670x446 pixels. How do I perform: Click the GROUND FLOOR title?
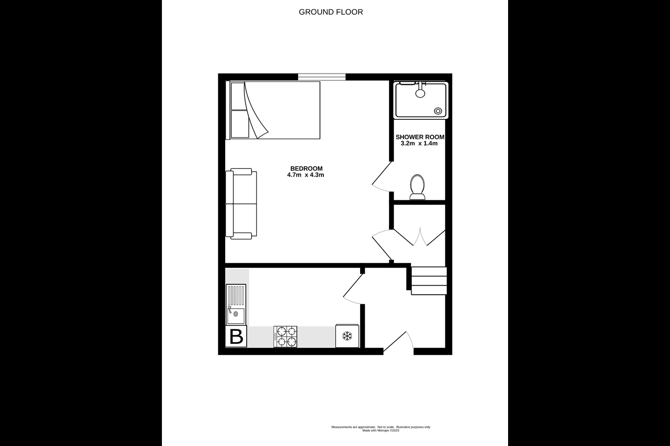(331, 12)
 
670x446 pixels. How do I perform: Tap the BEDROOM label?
(306, 169)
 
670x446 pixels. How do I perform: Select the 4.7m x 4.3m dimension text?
(305, 175)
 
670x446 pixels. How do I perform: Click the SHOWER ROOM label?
(420, 137)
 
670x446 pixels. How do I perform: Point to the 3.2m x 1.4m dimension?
(419, 144)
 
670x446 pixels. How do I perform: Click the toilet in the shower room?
(417, 187)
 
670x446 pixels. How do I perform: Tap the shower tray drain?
(438, 111)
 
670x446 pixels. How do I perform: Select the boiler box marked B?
(236, 336)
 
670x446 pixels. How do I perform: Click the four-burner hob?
(285, 337)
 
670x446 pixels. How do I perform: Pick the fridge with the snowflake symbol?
(347, 336)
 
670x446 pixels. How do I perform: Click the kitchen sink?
(236, 304)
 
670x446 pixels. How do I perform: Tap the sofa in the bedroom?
(241, 204)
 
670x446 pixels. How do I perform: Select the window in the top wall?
(322, 77)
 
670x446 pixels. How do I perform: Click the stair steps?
(429, 281)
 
